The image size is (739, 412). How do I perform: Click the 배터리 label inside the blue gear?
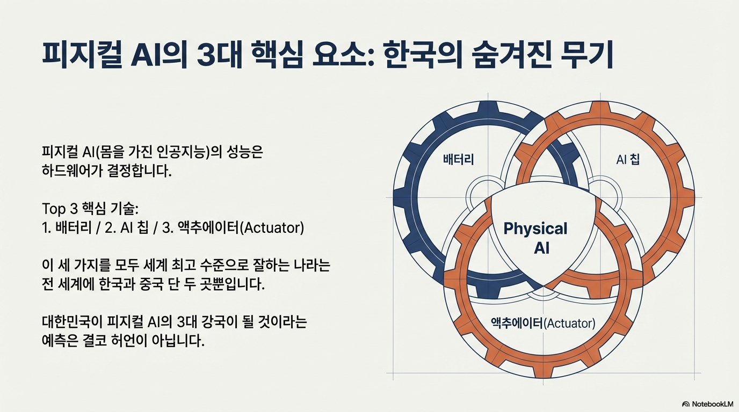[458, 159]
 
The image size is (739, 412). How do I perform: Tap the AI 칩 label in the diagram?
[628, 159]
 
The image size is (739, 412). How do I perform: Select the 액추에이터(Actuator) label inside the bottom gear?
[543, 323]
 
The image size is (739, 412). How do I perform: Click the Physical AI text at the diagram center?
[536, 238]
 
